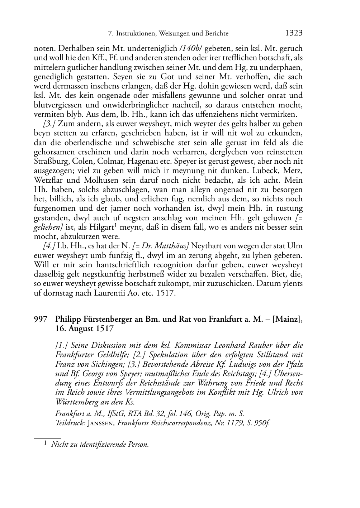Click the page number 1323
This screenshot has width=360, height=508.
click(x=294, y=33)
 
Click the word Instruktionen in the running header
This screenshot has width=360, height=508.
click(x=134, y=34)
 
